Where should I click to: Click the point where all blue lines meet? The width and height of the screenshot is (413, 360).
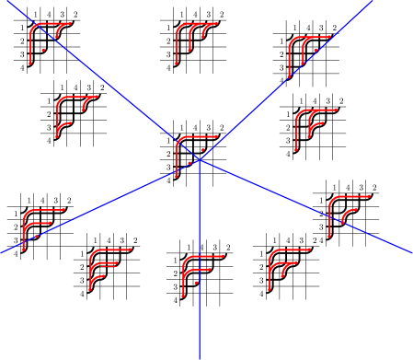(199, 158)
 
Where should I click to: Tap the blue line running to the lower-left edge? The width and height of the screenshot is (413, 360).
(92, 209)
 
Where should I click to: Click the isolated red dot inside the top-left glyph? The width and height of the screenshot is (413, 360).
(43, 51)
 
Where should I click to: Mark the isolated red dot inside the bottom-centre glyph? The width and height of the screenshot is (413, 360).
(196, 284)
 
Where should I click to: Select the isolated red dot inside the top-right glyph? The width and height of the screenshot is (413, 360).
(315, 50)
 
